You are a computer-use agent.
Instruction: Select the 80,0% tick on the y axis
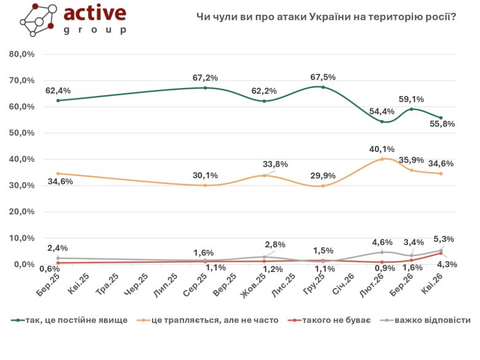tap(22, 54)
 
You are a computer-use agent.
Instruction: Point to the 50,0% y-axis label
tap(22, 133)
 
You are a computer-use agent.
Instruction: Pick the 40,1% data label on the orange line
tap(382, 148)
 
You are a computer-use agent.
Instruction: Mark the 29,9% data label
tap(324, 175)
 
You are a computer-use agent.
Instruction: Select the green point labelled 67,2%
tap(205, 88)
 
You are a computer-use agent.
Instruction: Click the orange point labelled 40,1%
tap(382, 159)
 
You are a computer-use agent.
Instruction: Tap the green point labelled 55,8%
tap(441, 118)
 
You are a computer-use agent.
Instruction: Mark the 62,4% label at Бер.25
tap(58, 90)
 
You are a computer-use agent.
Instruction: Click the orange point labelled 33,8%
tap(264, 175)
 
